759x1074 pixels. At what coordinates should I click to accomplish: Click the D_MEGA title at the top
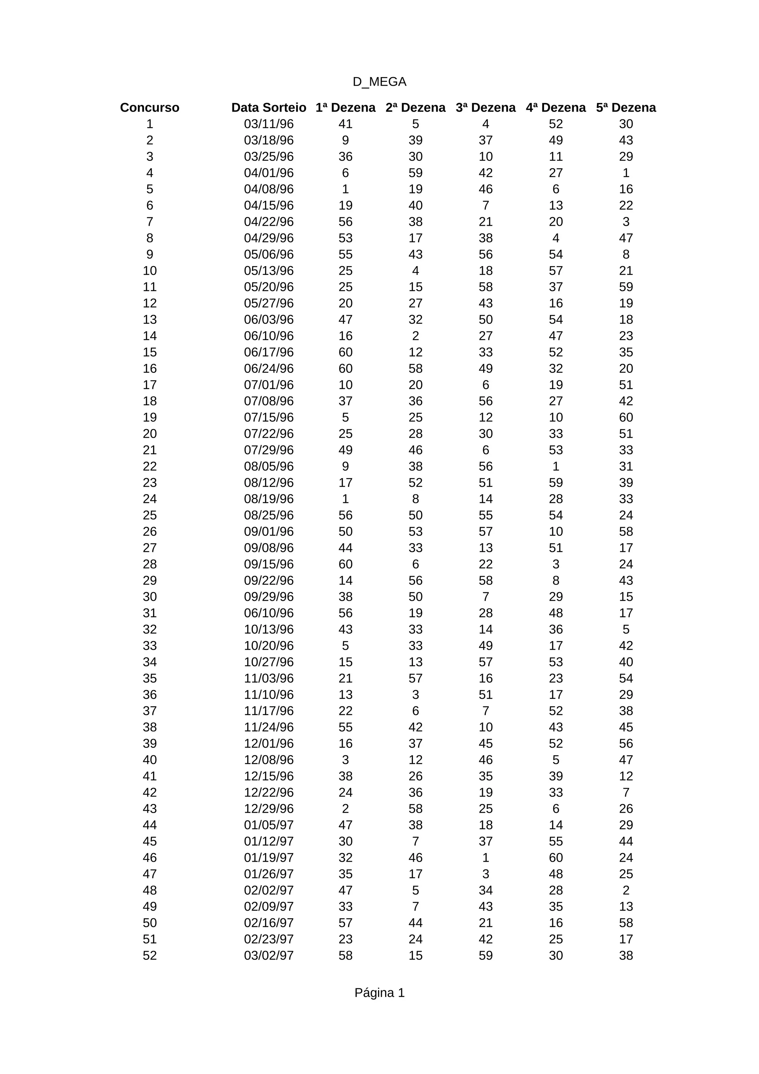(379, 82)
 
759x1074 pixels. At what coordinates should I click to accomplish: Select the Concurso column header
(150, 107)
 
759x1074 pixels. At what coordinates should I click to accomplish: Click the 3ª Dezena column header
(485, 107)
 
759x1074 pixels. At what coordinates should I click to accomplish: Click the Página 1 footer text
(379, 992)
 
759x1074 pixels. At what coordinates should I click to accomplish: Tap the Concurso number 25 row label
(150, 515)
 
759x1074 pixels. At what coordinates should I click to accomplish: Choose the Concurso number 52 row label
(150, 956)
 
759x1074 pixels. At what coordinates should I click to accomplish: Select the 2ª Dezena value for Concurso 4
(415, 173)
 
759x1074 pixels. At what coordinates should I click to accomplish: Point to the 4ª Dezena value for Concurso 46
(556, 858)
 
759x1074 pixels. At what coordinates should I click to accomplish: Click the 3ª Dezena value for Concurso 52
(485, 956)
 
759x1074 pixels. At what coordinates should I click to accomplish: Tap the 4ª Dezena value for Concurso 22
(556, 466)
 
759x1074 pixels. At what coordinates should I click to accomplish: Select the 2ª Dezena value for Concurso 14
(415, 336)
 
